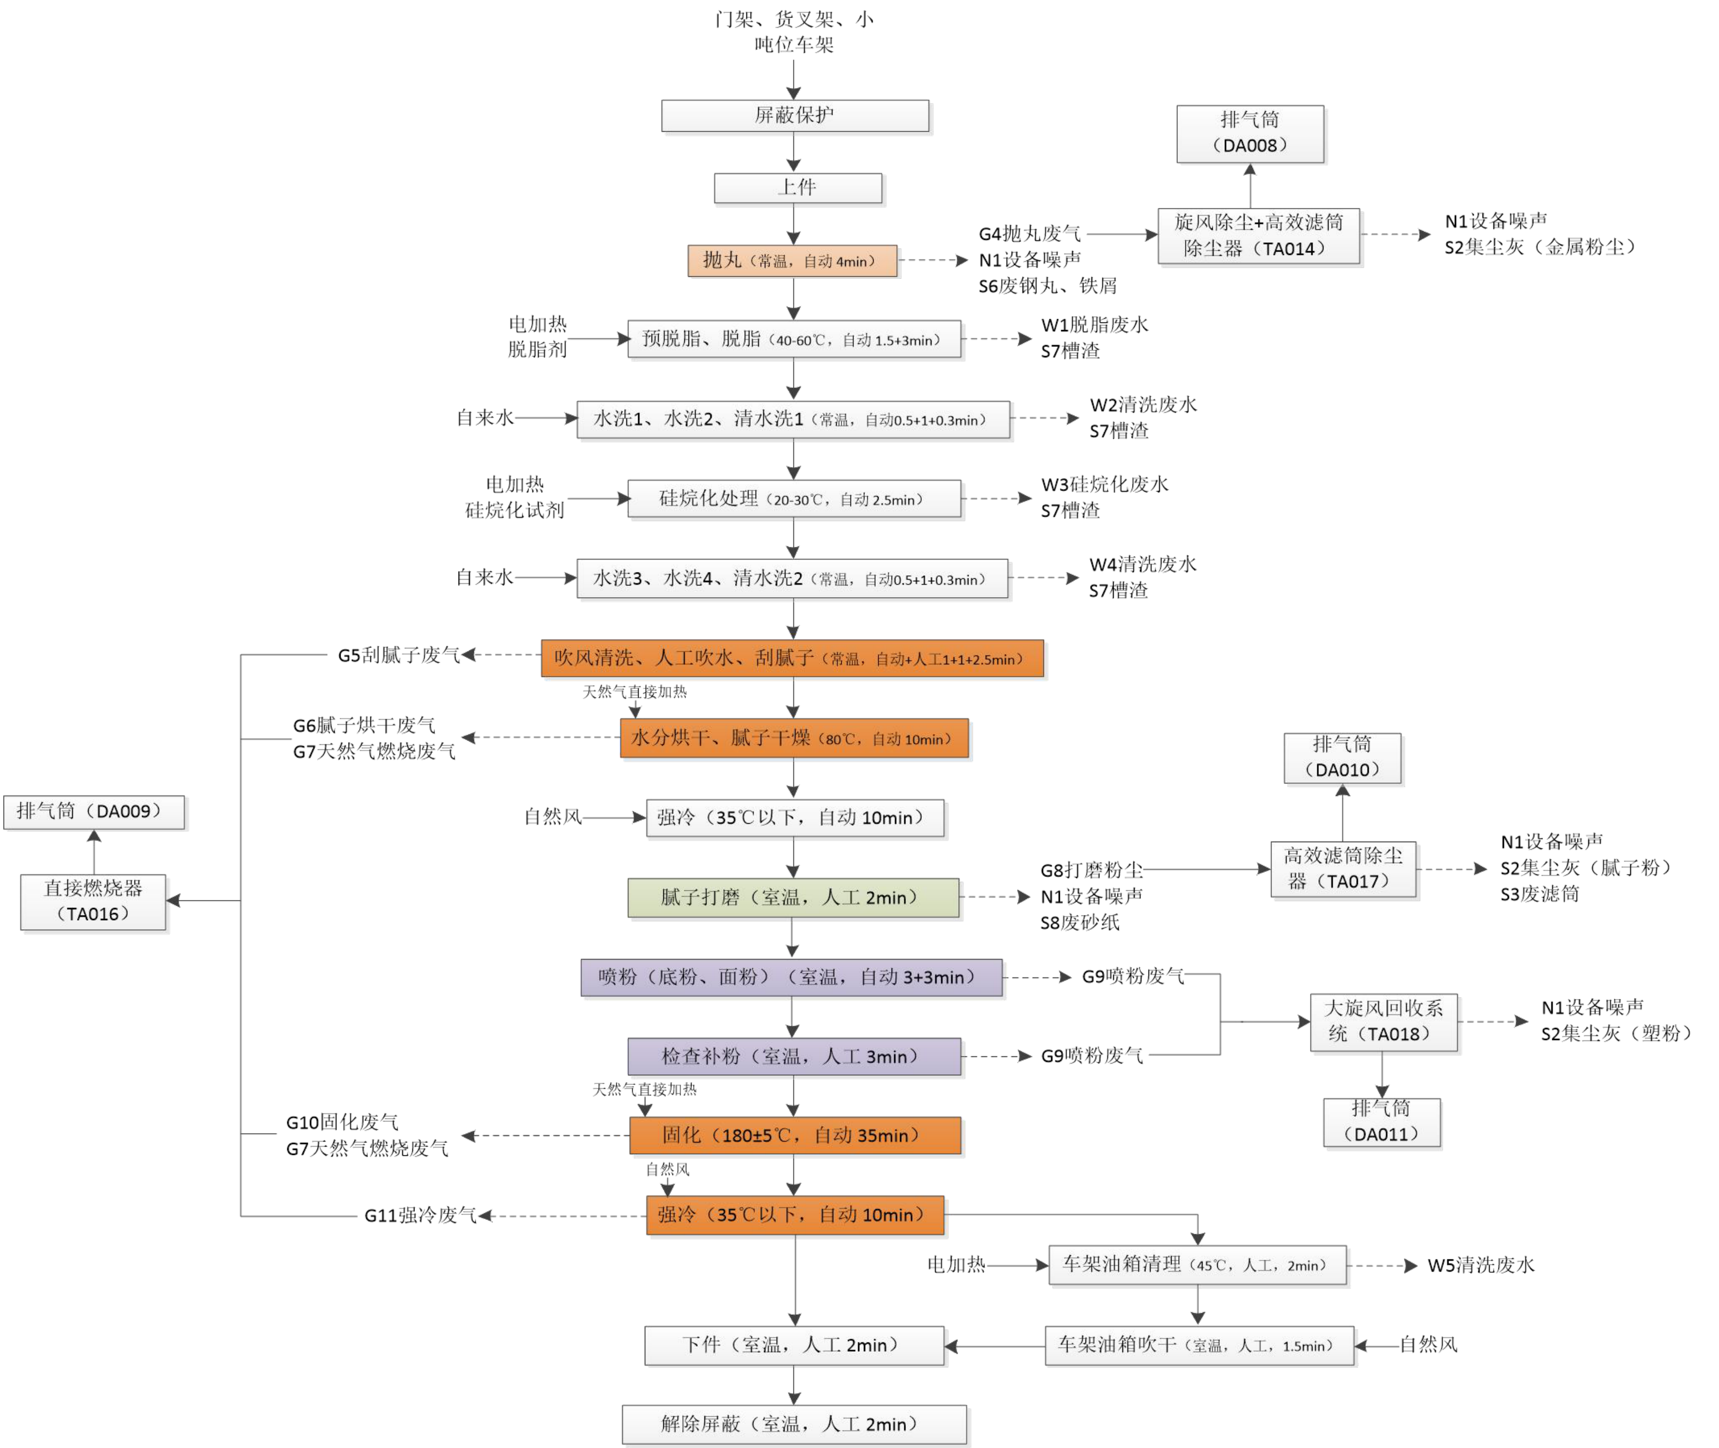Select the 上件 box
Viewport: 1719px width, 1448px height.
point(798,188)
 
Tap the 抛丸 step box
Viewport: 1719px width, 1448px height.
point(792,261)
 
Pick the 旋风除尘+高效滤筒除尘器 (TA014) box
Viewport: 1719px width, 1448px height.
point(1258,236)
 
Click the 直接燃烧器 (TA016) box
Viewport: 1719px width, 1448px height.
point(93,901)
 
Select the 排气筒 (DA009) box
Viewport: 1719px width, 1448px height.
point(94,812)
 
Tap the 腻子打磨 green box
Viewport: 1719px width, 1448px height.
point(793,897)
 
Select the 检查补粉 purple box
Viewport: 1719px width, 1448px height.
point(794,1056)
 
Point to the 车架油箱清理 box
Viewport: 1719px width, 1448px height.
point(1197,1265)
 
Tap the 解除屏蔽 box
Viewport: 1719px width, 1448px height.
point(794,1424)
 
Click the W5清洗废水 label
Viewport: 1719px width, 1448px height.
point(1480,1265)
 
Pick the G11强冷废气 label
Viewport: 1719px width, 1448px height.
point(420,1215)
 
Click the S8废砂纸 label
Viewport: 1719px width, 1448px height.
point(1079,923)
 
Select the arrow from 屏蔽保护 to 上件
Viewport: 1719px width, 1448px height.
point(794,152)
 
